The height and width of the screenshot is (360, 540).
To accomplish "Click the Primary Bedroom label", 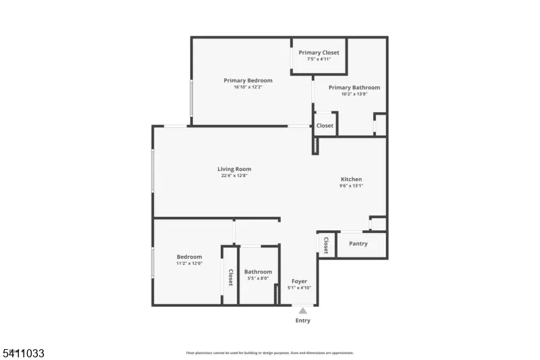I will pyautogui.click(x=248, y=80).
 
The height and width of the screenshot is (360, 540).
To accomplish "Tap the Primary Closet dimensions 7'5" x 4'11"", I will pyautogui.click(x=319, y=59).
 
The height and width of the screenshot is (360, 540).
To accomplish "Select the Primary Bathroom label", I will pyautogui.click(x=354, y=87).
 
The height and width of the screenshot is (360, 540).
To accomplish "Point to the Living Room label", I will pyautogui.click(x=234, y=169).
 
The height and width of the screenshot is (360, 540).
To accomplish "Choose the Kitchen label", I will pyautogui.click(x=351, y=179).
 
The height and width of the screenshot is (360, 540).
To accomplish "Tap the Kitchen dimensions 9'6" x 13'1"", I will pyautogui.click(x=351, y=186).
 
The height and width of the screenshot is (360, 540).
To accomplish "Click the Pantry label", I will pyautogui.click(x=358, y=243).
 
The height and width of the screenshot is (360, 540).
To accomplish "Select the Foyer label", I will pyautogui.click(x=299, y=281).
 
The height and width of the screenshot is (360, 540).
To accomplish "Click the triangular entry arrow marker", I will pyautogui.click(x=303, y=311).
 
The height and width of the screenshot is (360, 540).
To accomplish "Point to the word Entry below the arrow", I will pyautogui.click(x=303, y=321).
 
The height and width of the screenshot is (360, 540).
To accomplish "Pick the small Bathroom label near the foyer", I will pyautogui.click(x=258, y=272).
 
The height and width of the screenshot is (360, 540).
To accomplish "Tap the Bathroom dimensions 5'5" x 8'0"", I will pyautogui.click(x=258, y=278).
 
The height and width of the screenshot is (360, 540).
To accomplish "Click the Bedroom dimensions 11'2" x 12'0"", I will pyautogui.click(x=189, y=263).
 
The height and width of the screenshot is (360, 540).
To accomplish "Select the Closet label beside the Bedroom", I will pyautogui.click(x=230, y=278).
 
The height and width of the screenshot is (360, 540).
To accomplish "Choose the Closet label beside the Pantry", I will pyautogui.click(x=325, y=245).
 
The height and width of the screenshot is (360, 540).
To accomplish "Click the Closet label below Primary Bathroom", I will pyautogui.click(x=325, y=126).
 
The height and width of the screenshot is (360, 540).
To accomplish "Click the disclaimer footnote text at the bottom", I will pyautogui.click(x=269, y=353).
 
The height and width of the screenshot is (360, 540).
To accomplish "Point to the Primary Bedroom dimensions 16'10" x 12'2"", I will pyautogui.click(x=248, y=87).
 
